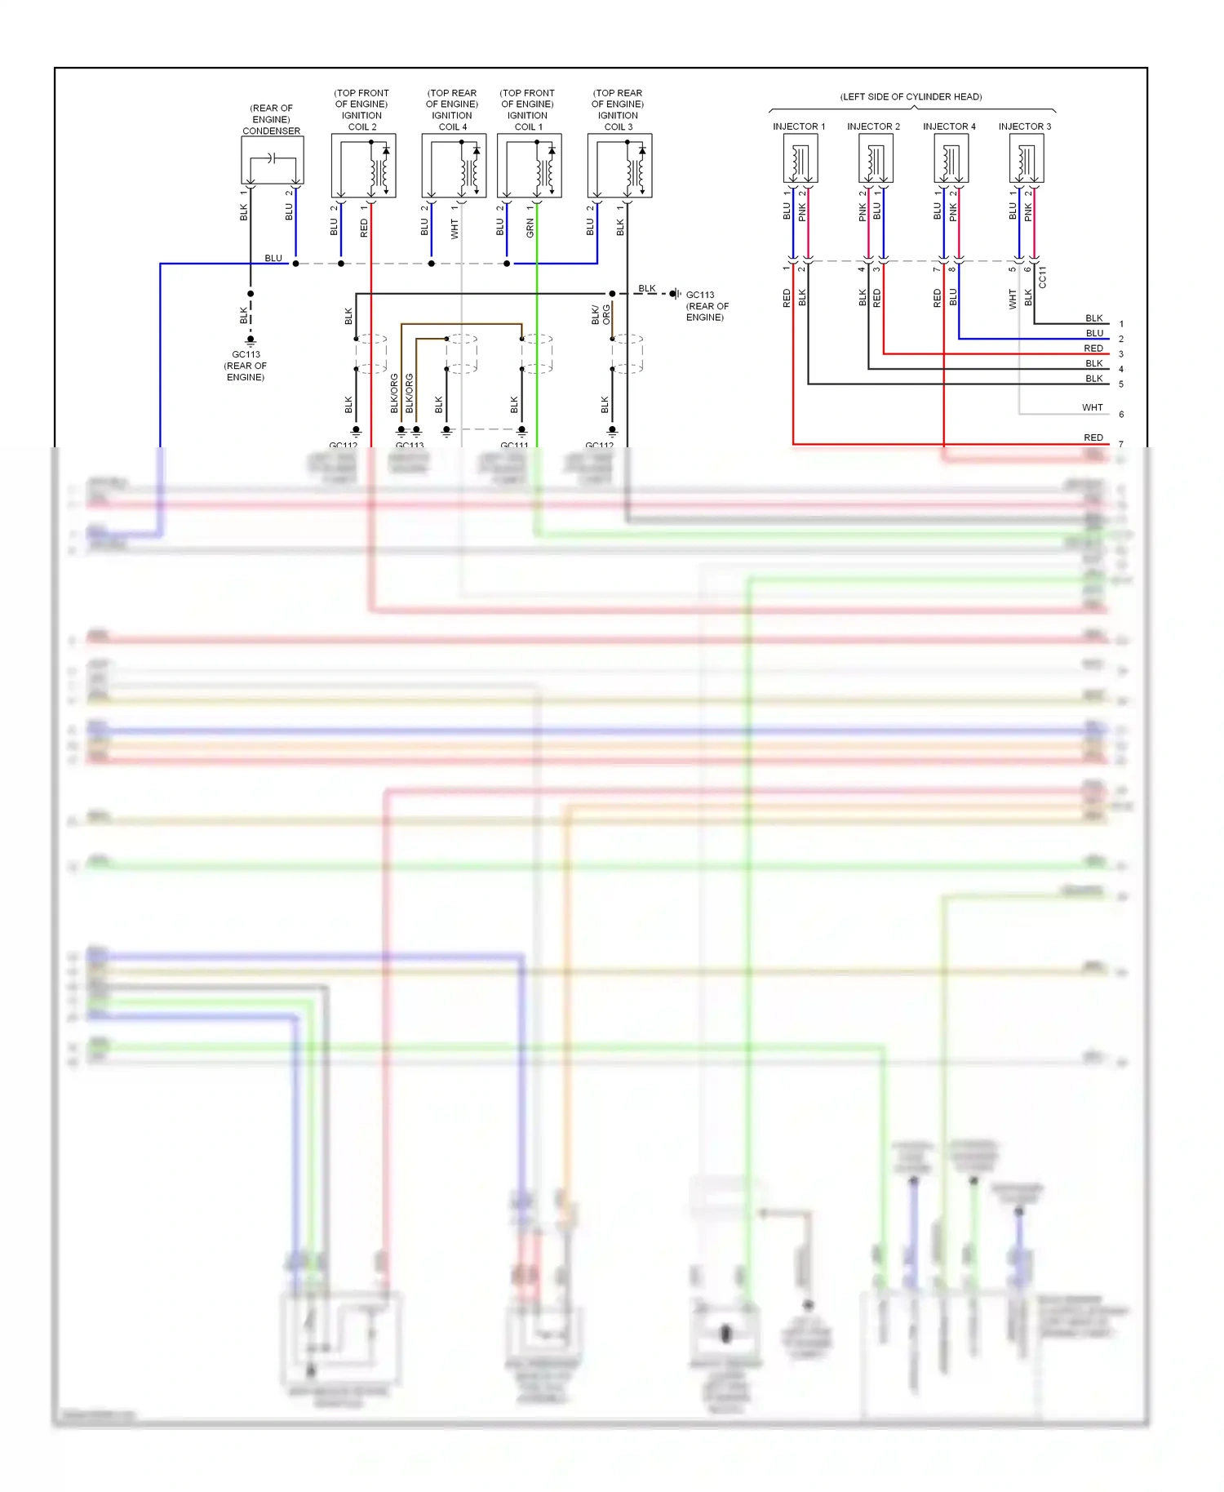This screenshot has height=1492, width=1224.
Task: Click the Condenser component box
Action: (273, 160)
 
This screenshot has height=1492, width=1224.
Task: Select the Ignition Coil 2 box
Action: (363, 166)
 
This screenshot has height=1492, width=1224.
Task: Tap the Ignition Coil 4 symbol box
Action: (454, 166)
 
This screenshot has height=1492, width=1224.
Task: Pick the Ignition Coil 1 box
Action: (529, 166)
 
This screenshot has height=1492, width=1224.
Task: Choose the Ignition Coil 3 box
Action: (619, 166)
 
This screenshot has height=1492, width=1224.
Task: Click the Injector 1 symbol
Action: (800, 158)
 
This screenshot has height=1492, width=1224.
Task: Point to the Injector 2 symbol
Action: (876, 158)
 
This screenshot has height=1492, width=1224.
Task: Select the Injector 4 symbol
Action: (951, 158)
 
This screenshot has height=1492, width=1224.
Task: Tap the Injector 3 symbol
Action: (1027, 158)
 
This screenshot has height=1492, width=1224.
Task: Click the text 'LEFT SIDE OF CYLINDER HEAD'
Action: (911, 96)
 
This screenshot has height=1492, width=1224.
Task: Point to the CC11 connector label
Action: (1042, 278)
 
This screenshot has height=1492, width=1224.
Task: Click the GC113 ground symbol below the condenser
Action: (251, 340)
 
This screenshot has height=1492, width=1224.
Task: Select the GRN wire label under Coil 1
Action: (530, 228)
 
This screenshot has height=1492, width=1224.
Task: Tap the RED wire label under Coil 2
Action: (364, 228)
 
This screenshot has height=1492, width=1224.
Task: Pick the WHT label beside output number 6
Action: (1092, 407)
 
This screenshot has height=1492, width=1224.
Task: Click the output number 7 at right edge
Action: (1121, 445)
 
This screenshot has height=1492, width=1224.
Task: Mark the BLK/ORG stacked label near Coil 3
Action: (601, 315)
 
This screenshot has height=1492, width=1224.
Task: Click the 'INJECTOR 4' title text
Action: (949, 127)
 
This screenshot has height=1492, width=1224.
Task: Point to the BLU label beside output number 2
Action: (1094, 333)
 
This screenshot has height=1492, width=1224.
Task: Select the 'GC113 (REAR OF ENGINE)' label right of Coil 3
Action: (707, 306)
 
